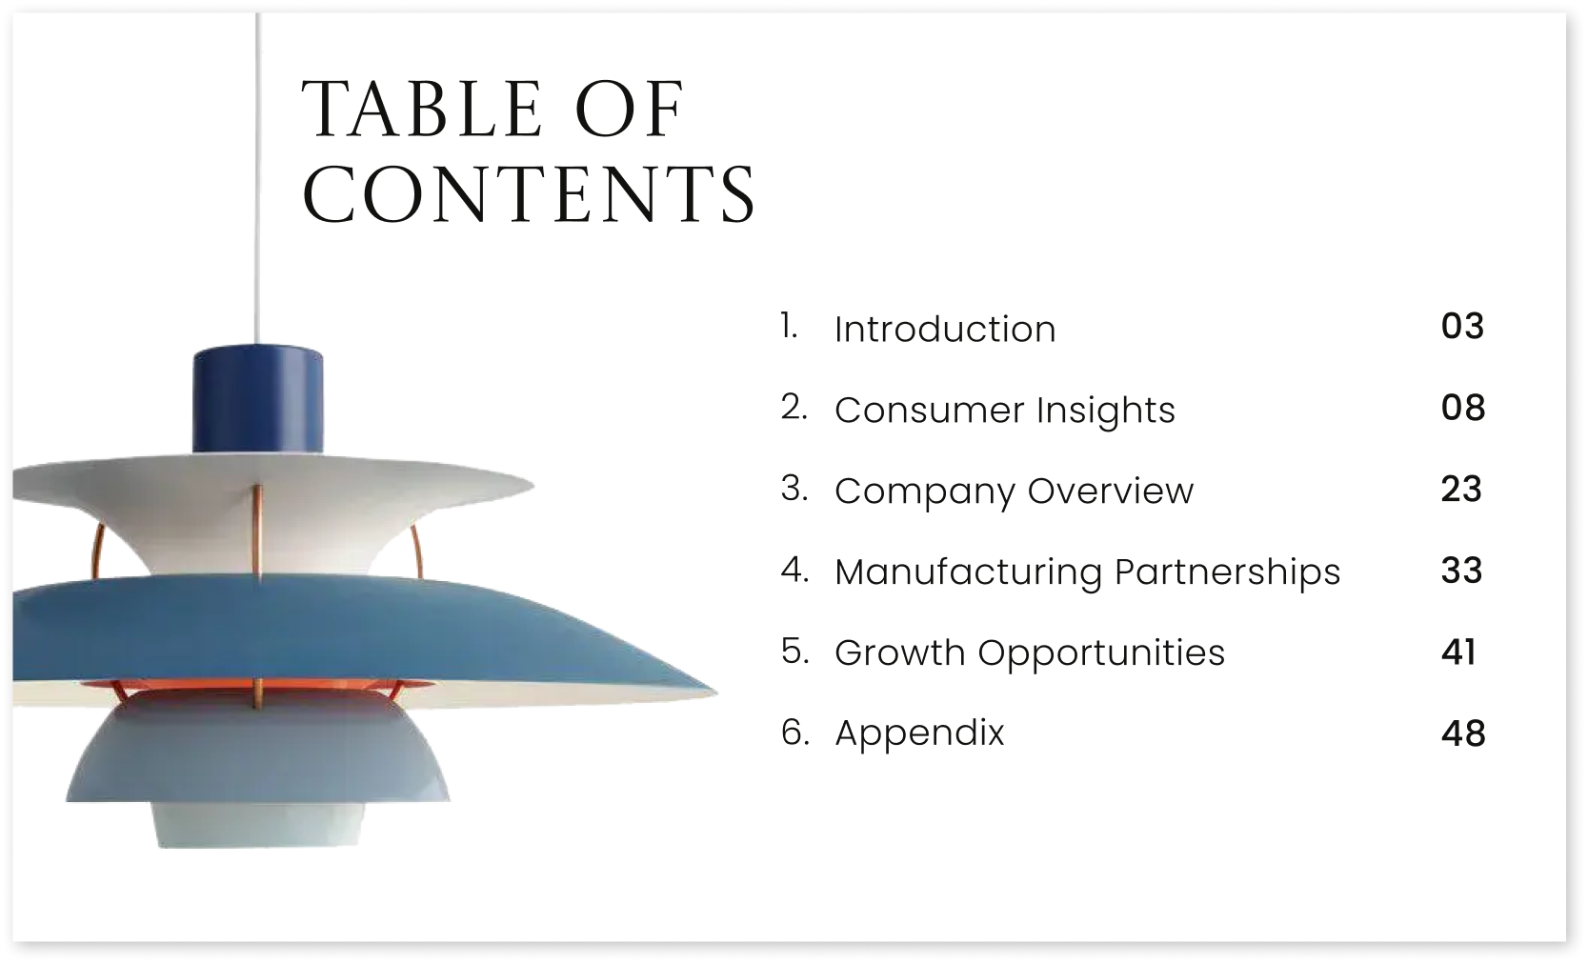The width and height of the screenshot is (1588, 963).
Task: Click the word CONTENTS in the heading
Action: tap(529, 195)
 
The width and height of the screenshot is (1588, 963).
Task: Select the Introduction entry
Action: tap(945, 330)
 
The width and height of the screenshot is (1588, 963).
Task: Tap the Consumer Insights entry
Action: tap(1005, 411)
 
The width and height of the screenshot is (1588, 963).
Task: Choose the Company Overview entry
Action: tap(1014, 492)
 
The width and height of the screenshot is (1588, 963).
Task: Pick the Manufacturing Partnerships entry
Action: tap(1087, 572)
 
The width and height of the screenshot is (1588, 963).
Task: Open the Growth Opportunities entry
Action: tap(1030, 653)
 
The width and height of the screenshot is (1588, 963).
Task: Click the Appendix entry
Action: tap(919, 733)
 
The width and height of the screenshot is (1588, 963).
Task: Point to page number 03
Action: tap(1462, 327)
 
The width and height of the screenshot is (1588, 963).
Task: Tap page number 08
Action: tap(1462, 409)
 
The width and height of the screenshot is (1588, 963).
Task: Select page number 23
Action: tap(1461, 490)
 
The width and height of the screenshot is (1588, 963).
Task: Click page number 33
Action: tap(1461, 572)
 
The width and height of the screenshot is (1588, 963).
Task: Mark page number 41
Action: tap(1458, 652)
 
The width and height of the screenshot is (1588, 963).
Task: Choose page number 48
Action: tap(1462, 733)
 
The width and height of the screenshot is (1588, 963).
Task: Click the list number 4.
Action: tap(794, 571)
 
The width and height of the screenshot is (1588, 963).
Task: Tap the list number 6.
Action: tap(794, 732)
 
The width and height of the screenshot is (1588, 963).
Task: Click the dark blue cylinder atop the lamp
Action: tap(257, 400)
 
